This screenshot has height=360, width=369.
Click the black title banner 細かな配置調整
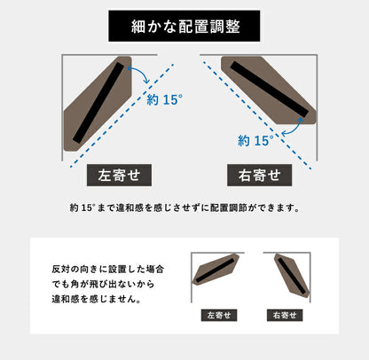coord(184,26)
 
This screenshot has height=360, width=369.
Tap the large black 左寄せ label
coord(119,175)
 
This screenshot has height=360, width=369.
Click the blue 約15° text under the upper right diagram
coord(257,140)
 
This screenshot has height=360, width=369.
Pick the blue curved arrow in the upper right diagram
coord(288,129)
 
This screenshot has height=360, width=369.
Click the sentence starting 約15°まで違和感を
coord(184,209)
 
